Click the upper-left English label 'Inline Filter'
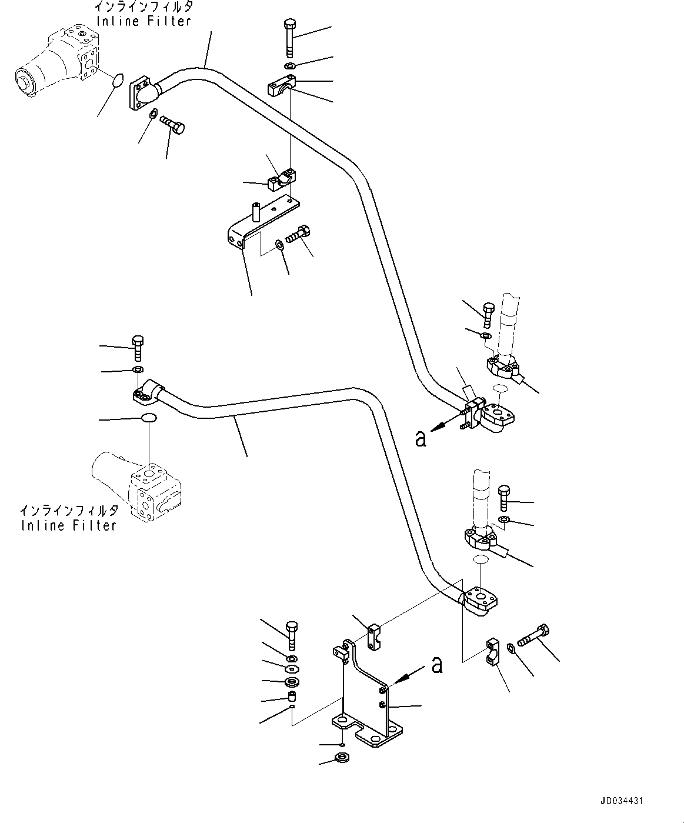[x=144, y=21]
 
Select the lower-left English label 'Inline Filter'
[x=69, y=525]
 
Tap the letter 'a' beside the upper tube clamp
[x=421, y=438]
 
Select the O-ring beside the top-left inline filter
[x=118, y=81]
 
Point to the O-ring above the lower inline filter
[x=149, y=418]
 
